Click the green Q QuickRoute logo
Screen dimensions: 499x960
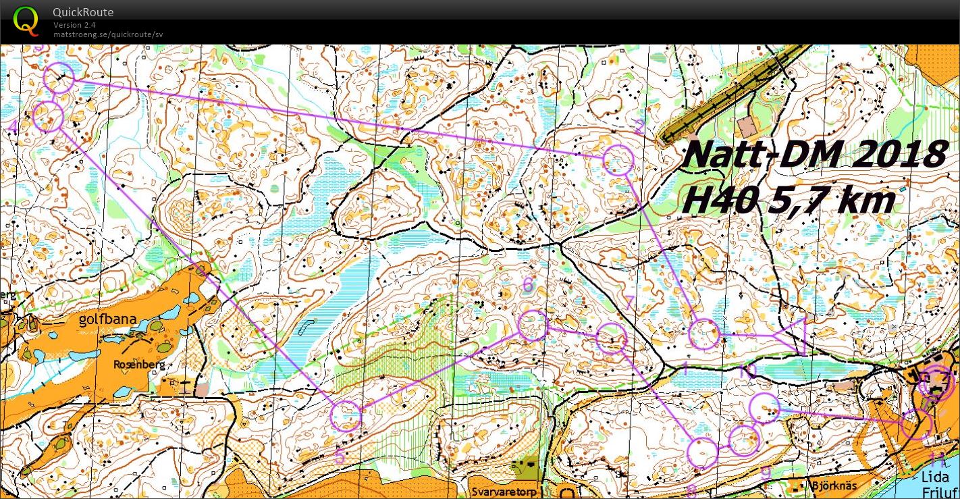point(26,20)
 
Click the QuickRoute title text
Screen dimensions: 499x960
point(83,12)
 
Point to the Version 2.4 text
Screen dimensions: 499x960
point(74,25)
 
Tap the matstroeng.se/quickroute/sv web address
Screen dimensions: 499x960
point(108,34)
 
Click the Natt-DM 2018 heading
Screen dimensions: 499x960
point(814,155)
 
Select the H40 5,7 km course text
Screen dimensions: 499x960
point(789,199)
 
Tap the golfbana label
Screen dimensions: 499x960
point(108,319)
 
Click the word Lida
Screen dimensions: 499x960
point(935,477)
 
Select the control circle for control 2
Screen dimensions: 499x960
point(618,161)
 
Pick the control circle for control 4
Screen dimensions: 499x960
point(48,117)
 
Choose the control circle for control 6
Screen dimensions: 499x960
point(533,325)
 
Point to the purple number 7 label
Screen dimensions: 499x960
point(628,303)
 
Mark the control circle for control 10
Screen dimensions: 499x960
point(765,407)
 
